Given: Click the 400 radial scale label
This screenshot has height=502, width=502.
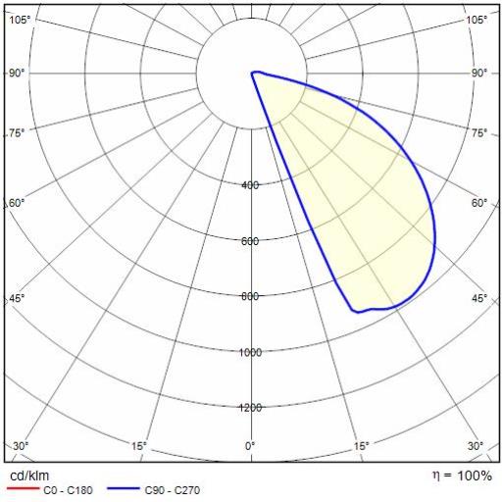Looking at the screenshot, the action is tap(250, 185).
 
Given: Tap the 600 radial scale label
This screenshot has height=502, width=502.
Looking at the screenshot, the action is tap(250, 241).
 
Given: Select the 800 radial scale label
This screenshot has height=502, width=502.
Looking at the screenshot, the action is tap(250, 296).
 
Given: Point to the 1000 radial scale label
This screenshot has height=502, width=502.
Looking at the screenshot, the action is tap(251, 352).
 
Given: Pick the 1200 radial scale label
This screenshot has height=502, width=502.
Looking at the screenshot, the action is tap(251, 408).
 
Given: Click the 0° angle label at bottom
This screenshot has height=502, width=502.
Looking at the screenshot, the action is tap(250, 446).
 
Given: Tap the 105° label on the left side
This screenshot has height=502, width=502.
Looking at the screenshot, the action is tap(20, 21).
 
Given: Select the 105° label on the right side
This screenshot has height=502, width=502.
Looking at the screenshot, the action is tap(477, 21).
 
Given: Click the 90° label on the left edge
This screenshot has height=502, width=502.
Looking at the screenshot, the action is tap(17, 74).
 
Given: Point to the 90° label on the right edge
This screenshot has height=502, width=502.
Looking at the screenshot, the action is tap(479, 74).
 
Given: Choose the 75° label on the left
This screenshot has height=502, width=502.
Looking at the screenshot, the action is tap(17, 133).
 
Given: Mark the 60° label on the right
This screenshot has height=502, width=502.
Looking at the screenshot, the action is tap(479, 203).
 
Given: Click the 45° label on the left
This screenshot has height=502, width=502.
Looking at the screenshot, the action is tap(17, 298).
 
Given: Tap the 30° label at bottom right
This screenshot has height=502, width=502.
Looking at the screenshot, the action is tap(476, 446).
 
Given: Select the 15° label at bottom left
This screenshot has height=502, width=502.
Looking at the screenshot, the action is tap(139, 446).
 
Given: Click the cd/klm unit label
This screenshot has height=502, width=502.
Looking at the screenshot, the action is tap(29, 476).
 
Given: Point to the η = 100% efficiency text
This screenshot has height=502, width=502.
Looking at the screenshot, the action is tap(463, 476).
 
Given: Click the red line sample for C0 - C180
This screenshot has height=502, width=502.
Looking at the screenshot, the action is tap(23, 488).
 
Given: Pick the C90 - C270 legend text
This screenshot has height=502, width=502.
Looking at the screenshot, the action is tap(173, 490).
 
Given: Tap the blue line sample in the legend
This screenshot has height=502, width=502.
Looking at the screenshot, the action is tap(124, 488).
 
